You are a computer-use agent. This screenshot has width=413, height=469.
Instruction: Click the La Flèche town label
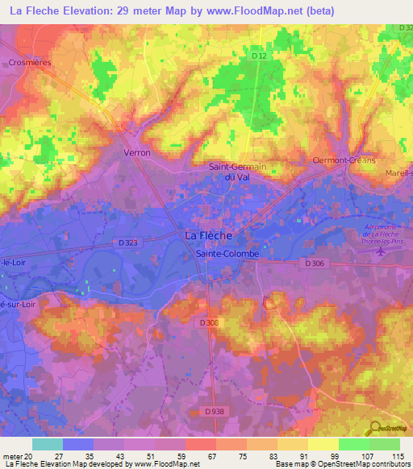(209, 235)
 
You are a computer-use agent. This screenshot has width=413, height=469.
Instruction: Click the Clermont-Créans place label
(345, 160)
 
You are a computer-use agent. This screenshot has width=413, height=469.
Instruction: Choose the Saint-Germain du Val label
(238, 172)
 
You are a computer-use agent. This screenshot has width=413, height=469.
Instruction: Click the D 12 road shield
(258, 56)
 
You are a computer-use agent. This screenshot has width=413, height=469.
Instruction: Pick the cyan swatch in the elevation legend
(47, 444)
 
